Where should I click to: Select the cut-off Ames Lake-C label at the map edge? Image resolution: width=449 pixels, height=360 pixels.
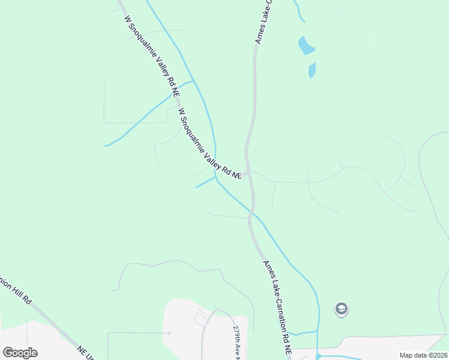pos(263,22)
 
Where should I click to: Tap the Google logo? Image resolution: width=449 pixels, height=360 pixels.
pos(20,353)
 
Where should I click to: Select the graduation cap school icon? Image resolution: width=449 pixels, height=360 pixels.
pos(342,310)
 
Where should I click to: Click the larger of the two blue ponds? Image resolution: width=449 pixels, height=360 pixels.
pos(306,46)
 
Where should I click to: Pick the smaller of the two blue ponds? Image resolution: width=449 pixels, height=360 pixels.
pos(312,70)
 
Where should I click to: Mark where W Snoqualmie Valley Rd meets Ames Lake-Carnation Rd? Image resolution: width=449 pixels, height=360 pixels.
pos(247,174)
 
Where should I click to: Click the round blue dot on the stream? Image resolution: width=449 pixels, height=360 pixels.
pos(318,356)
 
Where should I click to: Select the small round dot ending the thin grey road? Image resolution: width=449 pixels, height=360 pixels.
pos(169,333)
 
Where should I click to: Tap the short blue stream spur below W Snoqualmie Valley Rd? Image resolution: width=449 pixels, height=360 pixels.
pos(205,182)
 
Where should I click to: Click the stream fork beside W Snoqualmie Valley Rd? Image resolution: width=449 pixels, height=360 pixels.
pos(193,81)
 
